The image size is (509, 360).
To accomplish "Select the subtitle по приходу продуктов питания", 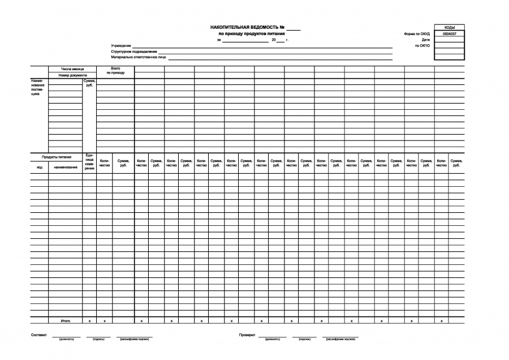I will click(x=247, y=34).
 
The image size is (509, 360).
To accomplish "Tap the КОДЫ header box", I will click(x=450, y=27).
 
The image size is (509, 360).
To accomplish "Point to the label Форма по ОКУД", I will click(x=417, y=34).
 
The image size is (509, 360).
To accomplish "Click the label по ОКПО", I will click(x=422, y=46).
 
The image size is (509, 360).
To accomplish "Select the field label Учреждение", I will click(x=121, y=45).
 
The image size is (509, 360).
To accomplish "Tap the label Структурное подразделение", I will click(x=134, y=52).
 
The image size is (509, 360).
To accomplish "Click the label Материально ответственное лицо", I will click(x=139, y=57).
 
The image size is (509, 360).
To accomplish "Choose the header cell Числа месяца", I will click(x=72, y=69).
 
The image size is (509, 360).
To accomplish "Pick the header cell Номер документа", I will click(x=72, y=75).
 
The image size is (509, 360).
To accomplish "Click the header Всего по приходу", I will click(x=115, y=71).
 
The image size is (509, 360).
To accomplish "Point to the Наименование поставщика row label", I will click(x=37, y=87).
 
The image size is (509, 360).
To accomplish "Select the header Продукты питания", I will click(x=57, y=157).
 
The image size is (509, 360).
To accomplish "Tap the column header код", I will click(x=39, y=168).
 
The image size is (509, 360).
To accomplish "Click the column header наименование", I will click(x=66, y=168).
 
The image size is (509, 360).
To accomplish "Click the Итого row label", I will click(x=66, y=321).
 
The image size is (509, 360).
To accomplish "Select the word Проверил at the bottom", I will click(x=248, y=335).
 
